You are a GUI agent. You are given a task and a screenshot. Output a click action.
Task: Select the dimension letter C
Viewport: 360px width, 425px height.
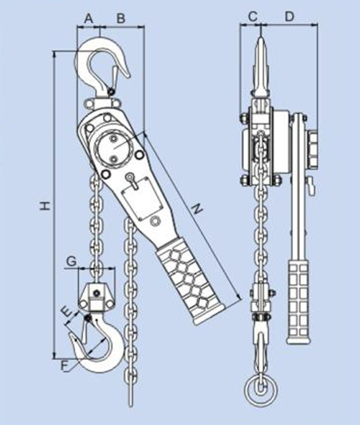252,16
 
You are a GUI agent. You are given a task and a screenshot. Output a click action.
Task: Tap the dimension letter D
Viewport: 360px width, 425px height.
289,16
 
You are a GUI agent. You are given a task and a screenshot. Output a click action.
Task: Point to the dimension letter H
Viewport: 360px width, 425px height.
45,205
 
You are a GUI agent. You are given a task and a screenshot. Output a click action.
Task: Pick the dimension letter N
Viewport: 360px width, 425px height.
196,208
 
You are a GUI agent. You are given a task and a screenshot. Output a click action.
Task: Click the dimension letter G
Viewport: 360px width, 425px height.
71,261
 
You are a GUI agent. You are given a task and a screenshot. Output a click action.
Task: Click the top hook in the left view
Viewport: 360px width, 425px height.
99,63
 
